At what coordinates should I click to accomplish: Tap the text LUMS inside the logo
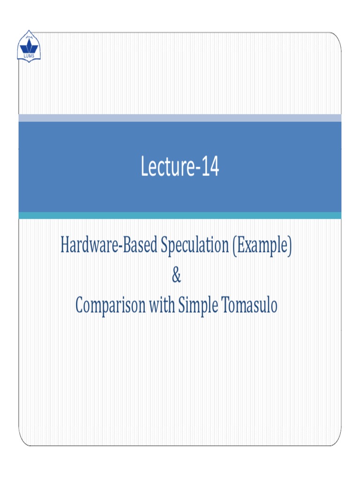coord(29,56)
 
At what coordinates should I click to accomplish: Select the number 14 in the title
coord(210,168)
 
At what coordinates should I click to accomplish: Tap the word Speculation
coord(194,247)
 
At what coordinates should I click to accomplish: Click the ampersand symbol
coord(176,276)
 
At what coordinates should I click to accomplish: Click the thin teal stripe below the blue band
coord(180,215)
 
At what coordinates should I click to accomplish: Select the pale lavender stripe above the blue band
coord(180,118)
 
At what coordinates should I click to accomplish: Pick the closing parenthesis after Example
coord(290,247)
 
